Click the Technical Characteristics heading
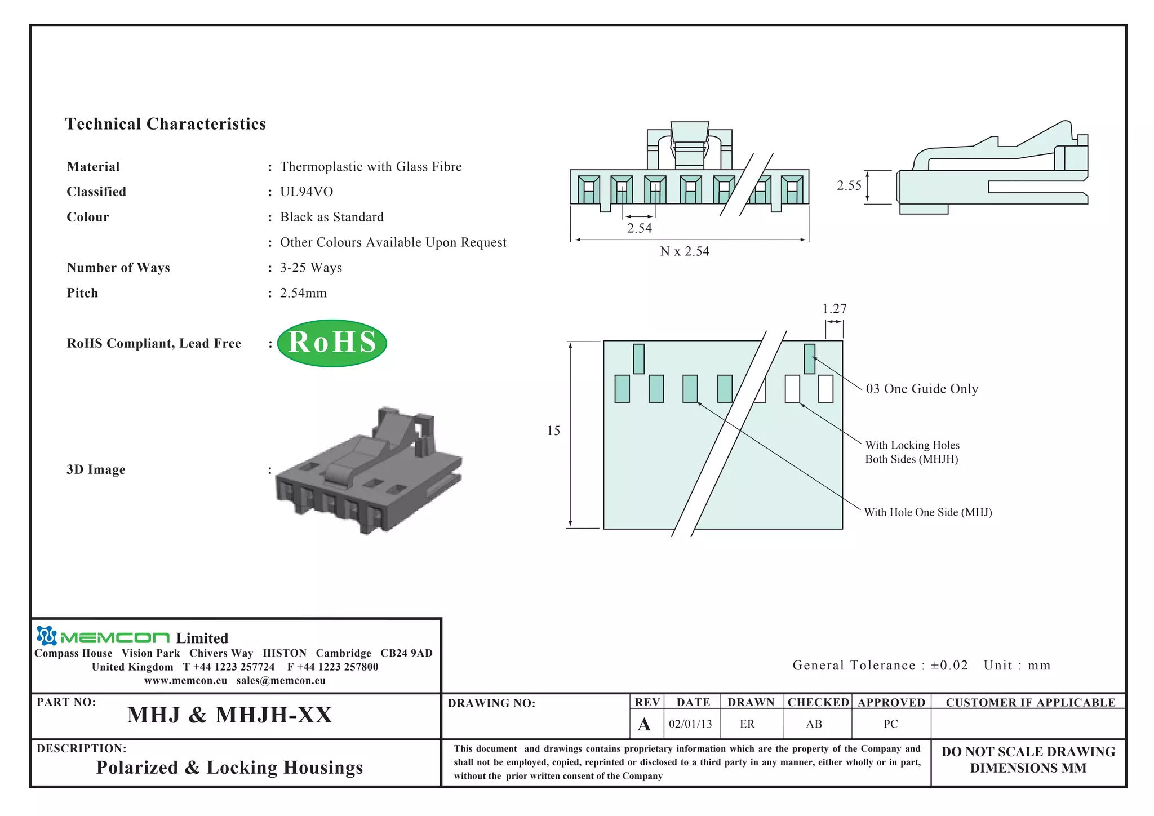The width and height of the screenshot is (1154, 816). coord(165,124)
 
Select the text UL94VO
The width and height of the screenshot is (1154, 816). coord(307,192)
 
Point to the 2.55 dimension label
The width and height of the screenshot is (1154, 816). coord(849,185)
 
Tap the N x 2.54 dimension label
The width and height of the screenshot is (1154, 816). coord(685,251)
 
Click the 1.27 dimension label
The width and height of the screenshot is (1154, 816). coord(834,309)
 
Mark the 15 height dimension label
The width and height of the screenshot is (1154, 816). coord(553,431)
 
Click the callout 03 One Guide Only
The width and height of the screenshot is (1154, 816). coord(922,389)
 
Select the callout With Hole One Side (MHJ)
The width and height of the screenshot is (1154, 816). coord(928,512)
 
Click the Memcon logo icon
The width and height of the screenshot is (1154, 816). coord(46,636)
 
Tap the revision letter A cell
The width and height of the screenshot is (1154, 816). coord(644,724)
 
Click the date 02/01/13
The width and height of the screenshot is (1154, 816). coord(690,724)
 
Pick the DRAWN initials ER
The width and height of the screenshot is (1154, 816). coord(747,724)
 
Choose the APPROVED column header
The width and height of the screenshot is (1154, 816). coord(891,703)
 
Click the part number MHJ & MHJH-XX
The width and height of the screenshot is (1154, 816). coord(229,715)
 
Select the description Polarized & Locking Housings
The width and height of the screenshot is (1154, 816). coord(229,768)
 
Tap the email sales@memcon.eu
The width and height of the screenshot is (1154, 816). coord(281,681)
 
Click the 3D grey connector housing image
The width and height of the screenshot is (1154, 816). coord(369,471)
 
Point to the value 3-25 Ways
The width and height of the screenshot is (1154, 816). coord(311,268)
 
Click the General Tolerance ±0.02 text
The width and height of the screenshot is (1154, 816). coord(880,666)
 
